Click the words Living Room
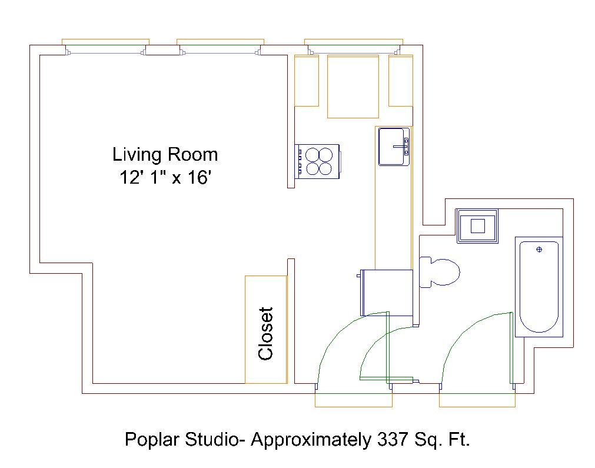[x=165, y=154]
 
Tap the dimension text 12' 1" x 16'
[x=165, y=177]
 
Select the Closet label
[x=265, y=334]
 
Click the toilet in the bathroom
[x=440, y=272]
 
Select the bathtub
[x=539, y=287]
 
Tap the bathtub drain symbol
[x=539, y=250]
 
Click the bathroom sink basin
[x=477, y=226]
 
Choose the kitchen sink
[x=394, y=147]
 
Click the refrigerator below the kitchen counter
[x=385, y=293]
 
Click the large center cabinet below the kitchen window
[x=353, y=87]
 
